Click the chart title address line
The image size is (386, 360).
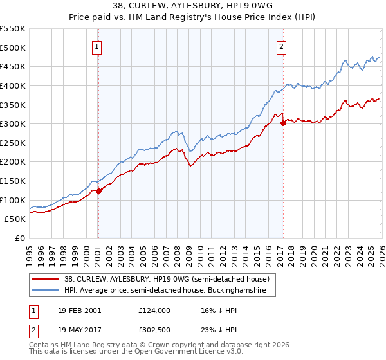(x=193, y=6)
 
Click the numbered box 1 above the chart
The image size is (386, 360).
(x=97, y=46)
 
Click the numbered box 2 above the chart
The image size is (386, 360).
(x=282, y=46)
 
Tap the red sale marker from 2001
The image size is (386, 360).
(x=98, y=191)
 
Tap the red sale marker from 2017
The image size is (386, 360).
(x=283, y=123)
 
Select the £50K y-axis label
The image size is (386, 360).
(x=15, y=219)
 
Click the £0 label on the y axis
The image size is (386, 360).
(x=19, y=239)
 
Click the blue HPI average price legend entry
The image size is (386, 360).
(x=169, y=291)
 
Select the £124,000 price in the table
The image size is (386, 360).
(x=154, y=310)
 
